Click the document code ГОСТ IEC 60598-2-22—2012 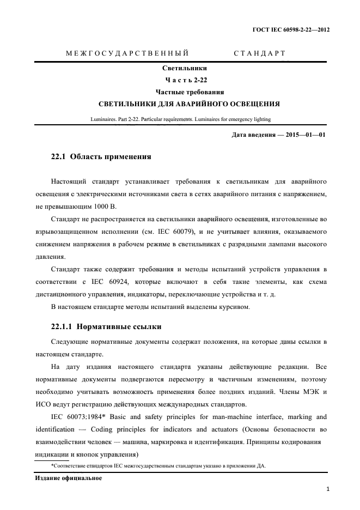click(x=291, y=31)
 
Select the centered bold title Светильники click(x=185, y=69)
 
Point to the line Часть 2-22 click(x=185, y=80)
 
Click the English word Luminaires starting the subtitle click(x=102, y=119)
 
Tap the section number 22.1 click(x=58, y=157)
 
